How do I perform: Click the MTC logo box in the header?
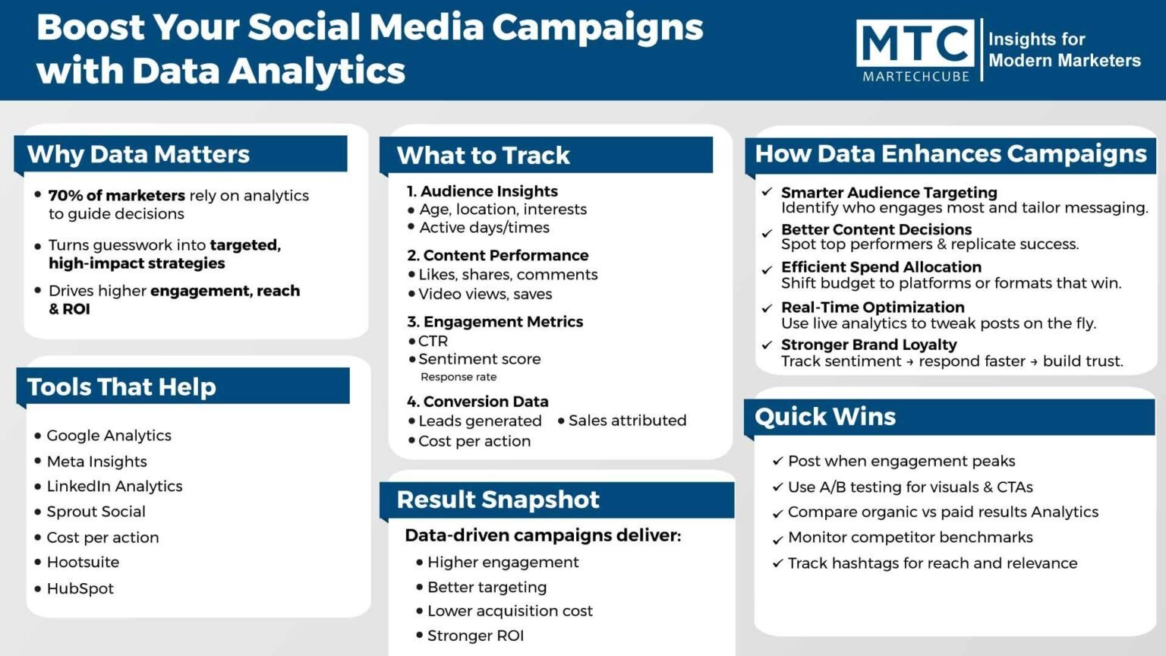tap(915, 43)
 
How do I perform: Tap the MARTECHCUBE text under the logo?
tap(916, 77)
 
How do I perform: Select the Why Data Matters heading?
tap(138, 154)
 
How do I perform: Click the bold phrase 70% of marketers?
tap(117, 195)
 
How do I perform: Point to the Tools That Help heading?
tap(121, 386)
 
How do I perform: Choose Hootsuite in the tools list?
tap(83, 563)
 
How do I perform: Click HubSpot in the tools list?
tap(80, 588)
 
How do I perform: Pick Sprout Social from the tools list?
tap(96, 511)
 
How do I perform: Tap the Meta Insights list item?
tap(97, 462)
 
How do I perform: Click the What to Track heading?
tap(483, 156)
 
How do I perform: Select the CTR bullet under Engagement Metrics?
tap(433, 341)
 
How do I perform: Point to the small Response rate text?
tap(459, 377)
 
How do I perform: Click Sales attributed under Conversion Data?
tap(627, 421)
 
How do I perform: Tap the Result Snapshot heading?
tap(498, 500)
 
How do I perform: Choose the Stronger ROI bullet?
tap(475, 635)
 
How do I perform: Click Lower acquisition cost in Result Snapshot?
tap(509, 610)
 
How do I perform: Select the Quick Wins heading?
tap(825, 417)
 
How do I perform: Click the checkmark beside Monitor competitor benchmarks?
tap(777, 540)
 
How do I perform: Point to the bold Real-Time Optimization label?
tap(872, 307)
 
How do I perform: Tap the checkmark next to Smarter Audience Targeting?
tap(767, 191)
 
